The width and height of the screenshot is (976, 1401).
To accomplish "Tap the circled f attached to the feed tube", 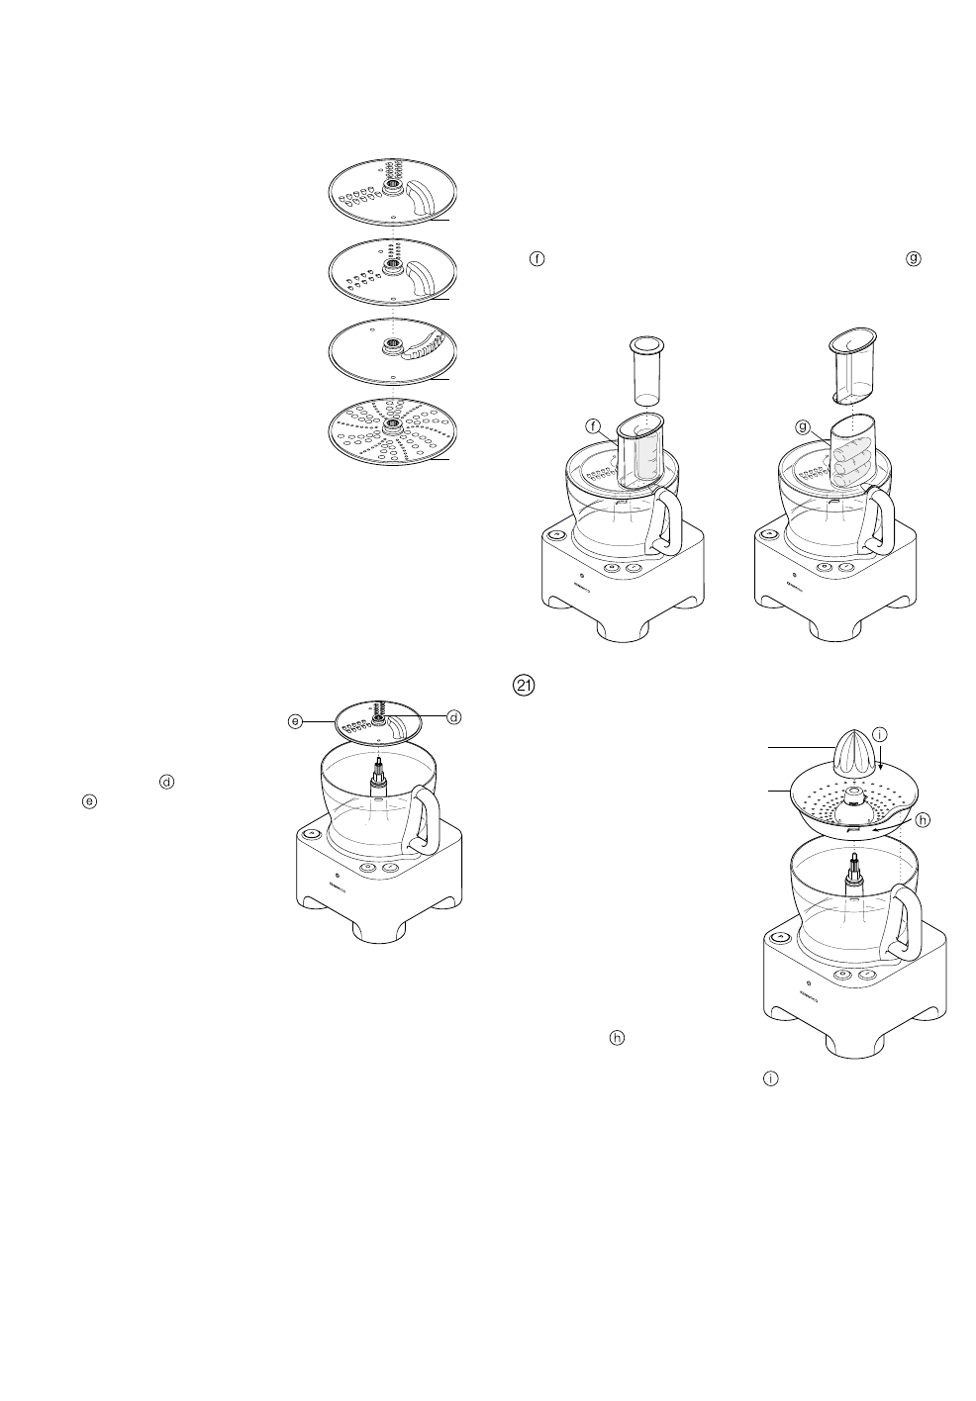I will pyautogui.click(x=593, y=426).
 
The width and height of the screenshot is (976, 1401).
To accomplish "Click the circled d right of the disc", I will pyautogui.click(x=453, y=716).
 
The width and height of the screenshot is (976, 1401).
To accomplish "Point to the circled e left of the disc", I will pyautogui.click(x=295, y=721).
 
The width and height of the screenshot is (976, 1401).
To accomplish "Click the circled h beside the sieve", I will pyautogui.click(x=922, y=819).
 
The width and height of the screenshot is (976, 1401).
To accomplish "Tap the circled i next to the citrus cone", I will pyautogui.click(x=880, y=734).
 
